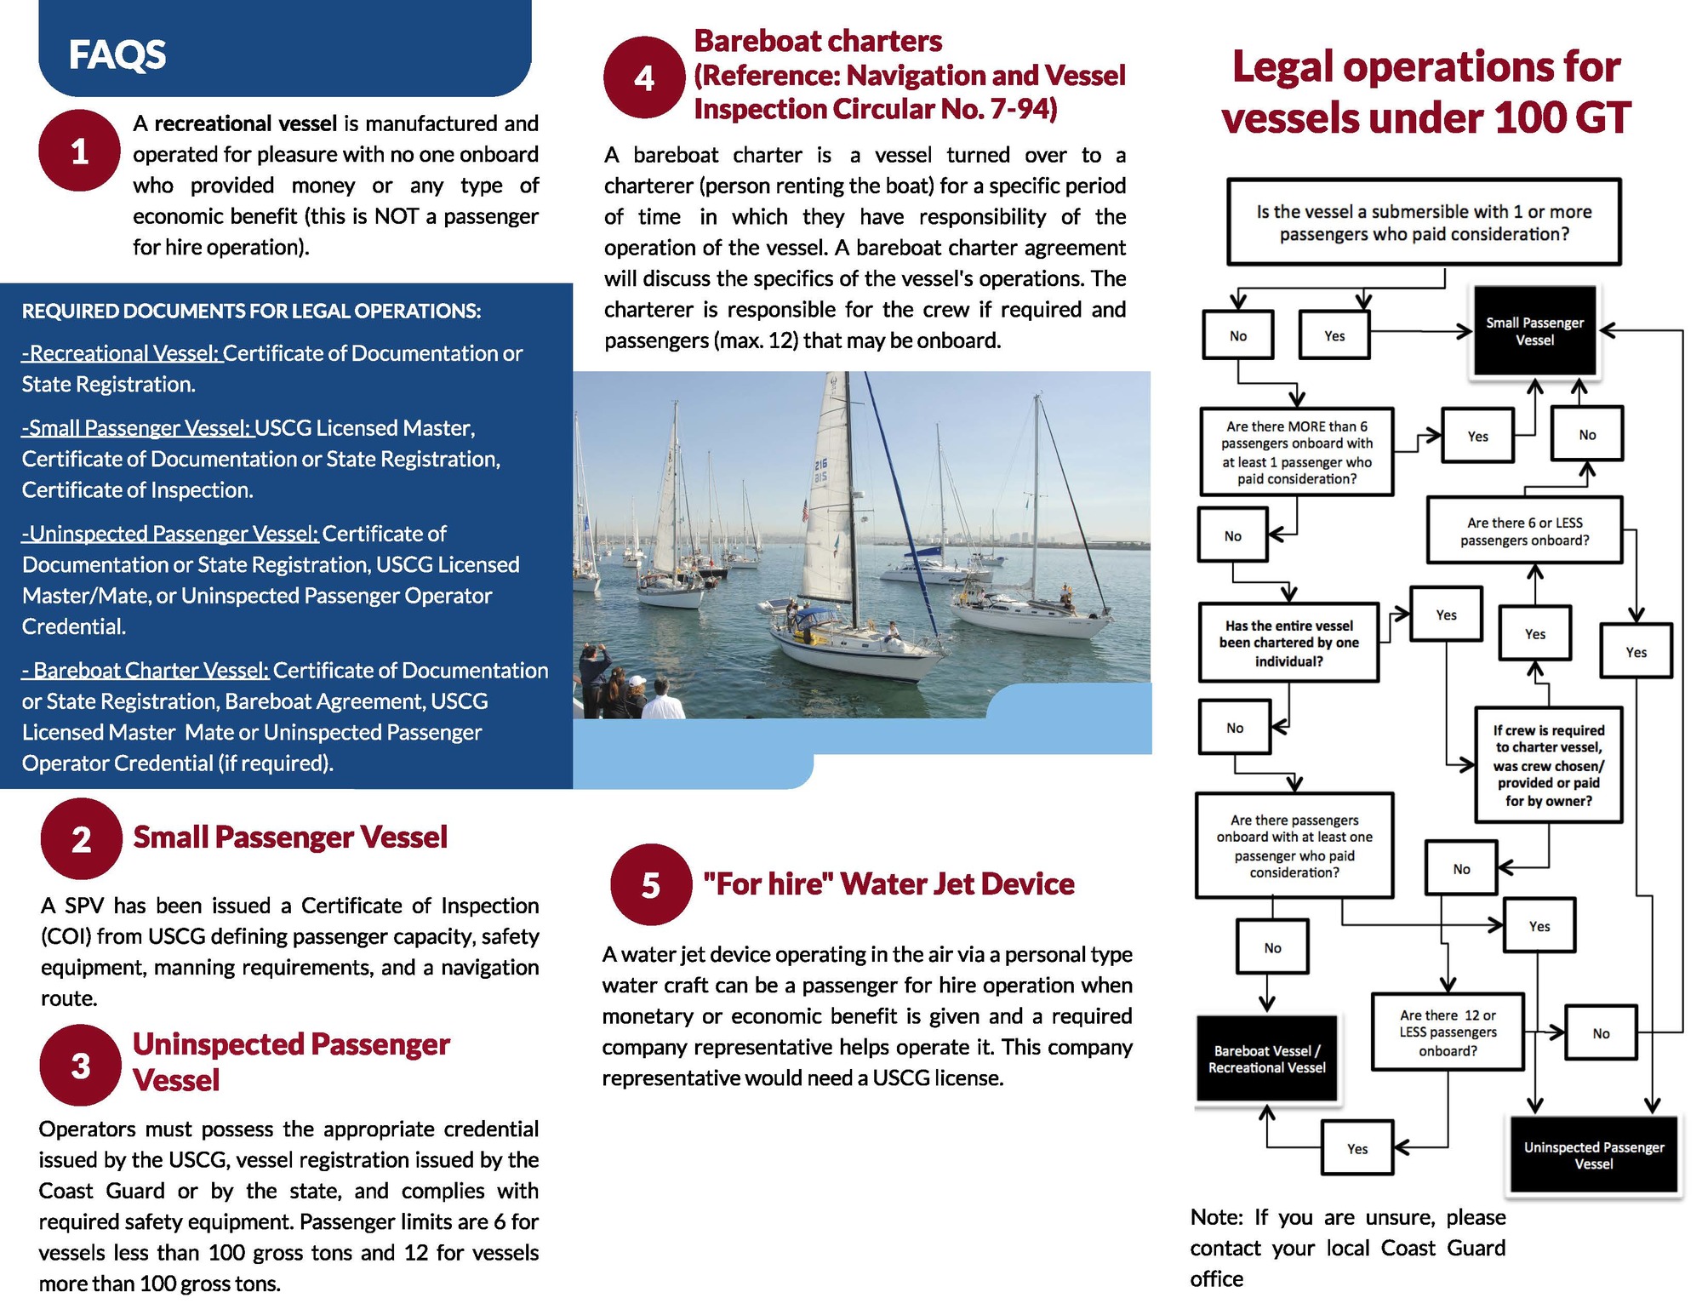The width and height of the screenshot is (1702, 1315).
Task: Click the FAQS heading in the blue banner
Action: (x=117, y=55)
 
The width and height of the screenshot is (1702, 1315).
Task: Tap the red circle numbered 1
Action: (x=79, y=151)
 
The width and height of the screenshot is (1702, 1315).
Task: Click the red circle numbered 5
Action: (x=651, y=884)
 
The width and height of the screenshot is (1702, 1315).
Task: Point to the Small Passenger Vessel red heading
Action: (x=289, y=837)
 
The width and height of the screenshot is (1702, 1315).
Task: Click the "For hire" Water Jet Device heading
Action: (x=888, y=883)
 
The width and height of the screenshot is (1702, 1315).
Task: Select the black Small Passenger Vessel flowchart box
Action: (x=1534, y=331)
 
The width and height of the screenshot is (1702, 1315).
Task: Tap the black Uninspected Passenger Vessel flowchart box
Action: (x=1593, y=1155)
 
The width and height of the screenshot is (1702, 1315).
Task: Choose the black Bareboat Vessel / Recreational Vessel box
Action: (x=1266, y=1059)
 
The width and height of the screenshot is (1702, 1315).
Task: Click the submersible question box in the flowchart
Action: (x=1423, y=222)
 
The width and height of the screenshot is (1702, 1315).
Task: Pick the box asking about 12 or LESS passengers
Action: (x=1447, y=1032)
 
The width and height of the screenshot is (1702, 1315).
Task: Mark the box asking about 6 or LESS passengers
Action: (x=1524, y=531)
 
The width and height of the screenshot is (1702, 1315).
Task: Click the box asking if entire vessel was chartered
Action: (x=1288, y=643)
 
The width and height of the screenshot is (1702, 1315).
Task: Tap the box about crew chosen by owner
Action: (x=1548, y=765)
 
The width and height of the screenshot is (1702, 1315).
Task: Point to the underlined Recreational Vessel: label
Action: (x=121, y=353)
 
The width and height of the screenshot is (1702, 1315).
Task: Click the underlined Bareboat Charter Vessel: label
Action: (x=146, y=671)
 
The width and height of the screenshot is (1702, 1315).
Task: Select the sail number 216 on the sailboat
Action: (x=820, y=471)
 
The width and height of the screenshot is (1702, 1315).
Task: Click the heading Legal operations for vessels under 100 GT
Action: (x=1425, y=92)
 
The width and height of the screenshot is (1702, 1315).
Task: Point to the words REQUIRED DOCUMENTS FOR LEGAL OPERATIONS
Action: (x=251, y=311)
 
